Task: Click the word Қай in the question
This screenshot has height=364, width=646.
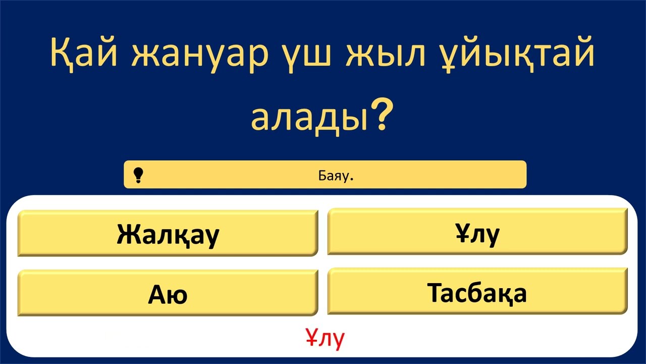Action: [84, 56]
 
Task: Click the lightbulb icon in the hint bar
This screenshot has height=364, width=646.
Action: [138, 175]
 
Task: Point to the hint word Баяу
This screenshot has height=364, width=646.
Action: [332, 175]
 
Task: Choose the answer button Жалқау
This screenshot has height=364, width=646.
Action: [168, 234]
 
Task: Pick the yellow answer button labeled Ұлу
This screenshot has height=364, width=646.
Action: [477, 233]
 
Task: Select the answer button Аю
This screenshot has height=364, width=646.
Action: [168, 294]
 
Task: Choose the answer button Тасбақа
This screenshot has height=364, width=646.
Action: [477, 292]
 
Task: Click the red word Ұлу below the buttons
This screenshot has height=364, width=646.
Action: [325, 338]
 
